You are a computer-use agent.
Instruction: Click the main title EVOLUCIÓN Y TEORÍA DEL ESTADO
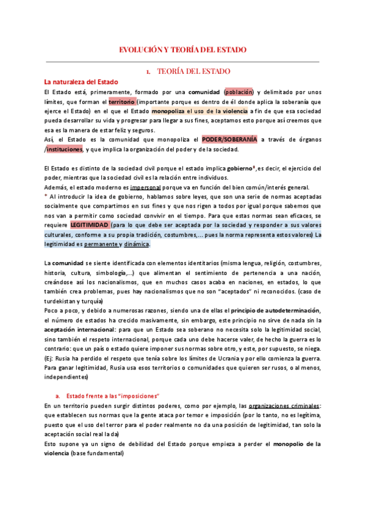pos(182,49)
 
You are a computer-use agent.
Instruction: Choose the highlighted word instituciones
pos(69,150)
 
